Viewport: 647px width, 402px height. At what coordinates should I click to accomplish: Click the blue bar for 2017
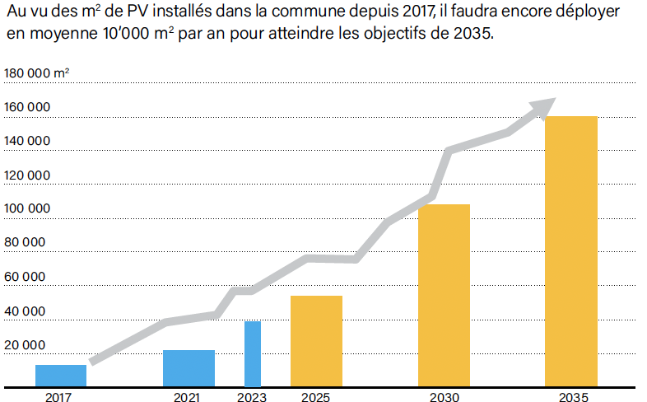(x=61, y=376)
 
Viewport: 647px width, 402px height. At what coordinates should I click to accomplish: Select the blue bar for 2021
(x=189, y=368)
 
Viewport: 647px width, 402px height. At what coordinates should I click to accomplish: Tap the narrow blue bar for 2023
(x=253, y=353)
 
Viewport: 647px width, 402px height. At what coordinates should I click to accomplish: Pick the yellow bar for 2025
(x=316, y=341)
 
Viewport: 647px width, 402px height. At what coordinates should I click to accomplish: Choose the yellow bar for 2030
(x=444, y=295)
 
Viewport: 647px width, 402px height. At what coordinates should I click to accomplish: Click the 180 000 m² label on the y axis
(x=37, y=73)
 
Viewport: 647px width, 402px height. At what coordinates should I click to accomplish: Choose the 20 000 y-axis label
(x=26, y=345)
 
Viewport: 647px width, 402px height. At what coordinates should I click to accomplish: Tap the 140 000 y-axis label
(x=28, y=141)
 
